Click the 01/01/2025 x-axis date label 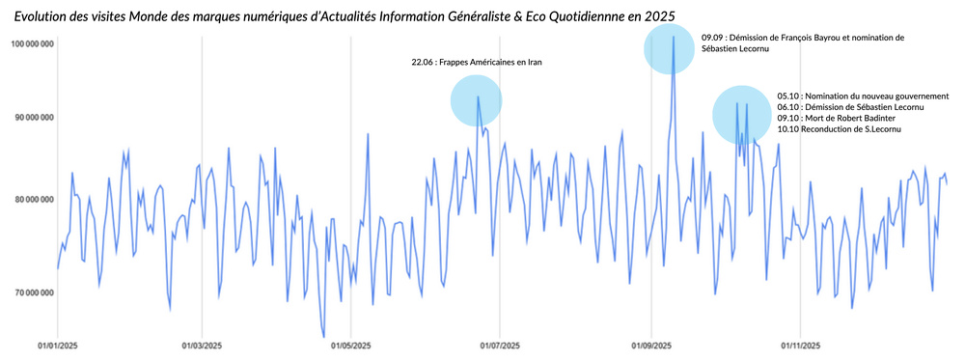pyautogui.click(x=57, y=345)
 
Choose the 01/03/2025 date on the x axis pyautogui.click(x=202, y=345)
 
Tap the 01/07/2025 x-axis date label pyautogui.click(x=500, y=345)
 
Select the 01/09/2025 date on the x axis pyautogui.click(x=651, y=345)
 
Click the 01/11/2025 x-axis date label pyautogui.click(x=801, y=345)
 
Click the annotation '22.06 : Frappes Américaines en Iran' pyautogui.click(x=477, y=63)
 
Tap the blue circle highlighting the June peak pyautogui.click(x=477, y=101)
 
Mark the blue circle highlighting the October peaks pyautogui.click(x=740, y=116)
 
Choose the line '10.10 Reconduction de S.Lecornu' pyautogui.click(x=832, y=128)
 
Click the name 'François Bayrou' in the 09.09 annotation pyautogui.click(x=786, y=38)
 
